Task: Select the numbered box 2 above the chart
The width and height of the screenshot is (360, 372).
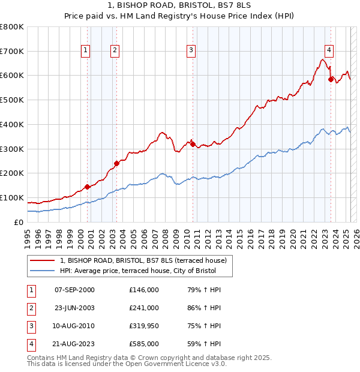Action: [x=115, y=50]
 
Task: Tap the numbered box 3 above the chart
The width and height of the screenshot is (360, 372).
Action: [x=191, y=50]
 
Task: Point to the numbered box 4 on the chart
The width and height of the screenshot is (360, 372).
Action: [x=329, y=50]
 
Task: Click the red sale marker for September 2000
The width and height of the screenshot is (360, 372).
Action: [x=88, y=187]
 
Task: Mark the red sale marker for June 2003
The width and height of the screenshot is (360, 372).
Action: [x=116, y=163]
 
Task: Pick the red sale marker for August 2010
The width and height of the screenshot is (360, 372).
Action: [x=193, y=143]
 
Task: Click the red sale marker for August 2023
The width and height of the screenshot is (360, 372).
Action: [x=331, y=79]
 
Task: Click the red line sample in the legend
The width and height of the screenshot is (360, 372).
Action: [x=42, y=260]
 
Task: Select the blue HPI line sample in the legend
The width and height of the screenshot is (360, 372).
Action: [x=42, y=271]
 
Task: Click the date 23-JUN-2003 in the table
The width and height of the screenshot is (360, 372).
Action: [x=74, y=308]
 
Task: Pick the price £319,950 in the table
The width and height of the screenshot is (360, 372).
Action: [x=144, y=326]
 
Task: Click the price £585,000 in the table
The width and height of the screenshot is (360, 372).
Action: [x=144, y=344]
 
